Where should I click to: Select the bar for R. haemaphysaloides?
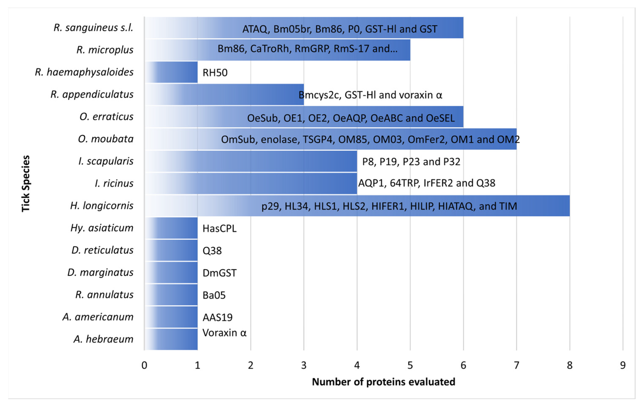[x=171, y=72]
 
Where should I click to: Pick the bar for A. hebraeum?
[x=171, y=339]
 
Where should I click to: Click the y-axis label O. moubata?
[x=106, y=139]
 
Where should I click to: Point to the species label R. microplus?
[x=105, y=50]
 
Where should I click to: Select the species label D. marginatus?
[x=100, y=272]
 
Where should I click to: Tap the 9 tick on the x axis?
[x=623, y=365]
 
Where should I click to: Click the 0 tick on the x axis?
[x=144, y=365]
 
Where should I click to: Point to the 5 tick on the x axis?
[x=410, y=365]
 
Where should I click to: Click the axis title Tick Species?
[x=26, y=184]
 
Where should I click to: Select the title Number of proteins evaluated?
[x=383, y=382]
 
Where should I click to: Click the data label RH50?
[x=215, y=73]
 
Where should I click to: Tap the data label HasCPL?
[x=220, y=228]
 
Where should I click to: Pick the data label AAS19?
[x=217, y=317]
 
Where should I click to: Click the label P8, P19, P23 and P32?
[x=411, y=162]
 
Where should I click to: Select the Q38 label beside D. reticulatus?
[x=212, y=251]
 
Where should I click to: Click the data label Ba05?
[x=214, y=295]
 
